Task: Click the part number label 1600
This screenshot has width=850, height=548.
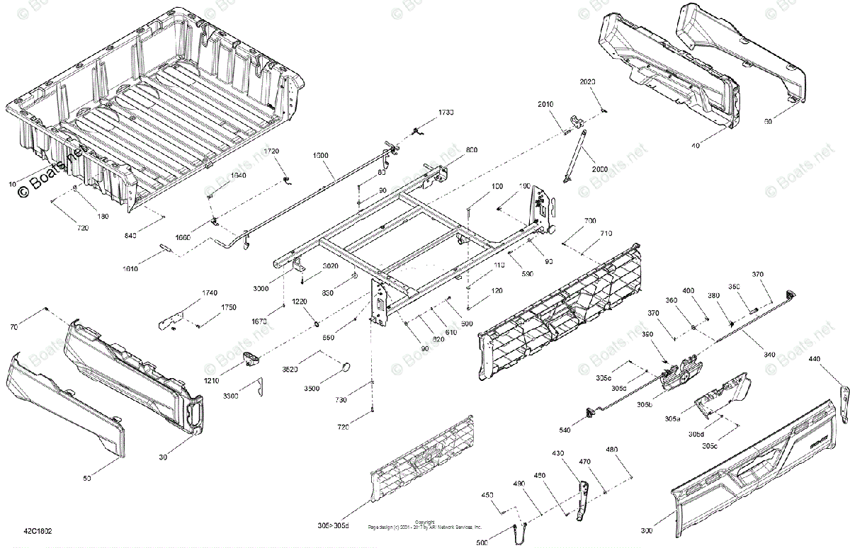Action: point(321,154)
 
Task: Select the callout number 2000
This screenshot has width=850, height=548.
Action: point(601,170)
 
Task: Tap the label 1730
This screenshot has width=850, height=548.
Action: point(446,113)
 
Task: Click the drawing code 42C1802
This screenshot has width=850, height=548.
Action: point(38,530)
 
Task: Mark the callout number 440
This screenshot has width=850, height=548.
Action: point(815,360)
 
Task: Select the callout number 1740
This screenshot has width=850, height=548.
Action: point(210,292)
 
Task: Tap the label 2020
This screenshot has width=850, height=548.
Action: point(588,83)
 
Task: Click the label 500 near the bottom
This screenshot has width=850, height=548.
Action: point(482,543)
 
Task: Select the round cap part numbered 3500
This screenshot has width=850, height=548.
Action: point(347,366)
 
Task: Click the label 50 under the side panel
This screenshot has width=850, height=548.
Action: point(87,479)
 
